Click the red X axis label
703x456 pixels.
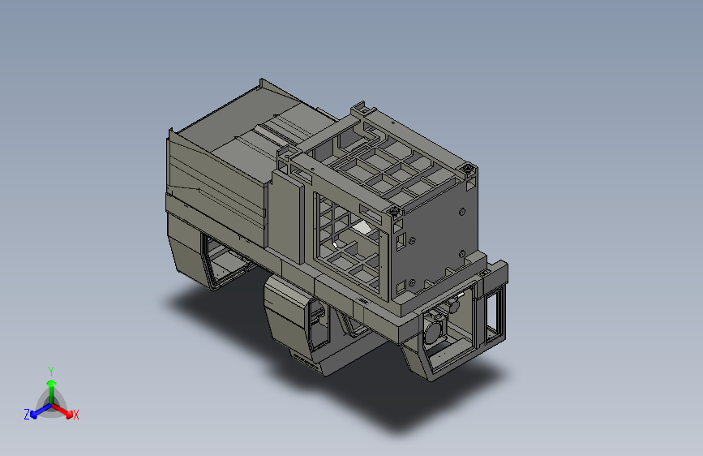pyautogui.click(x=75, y=415)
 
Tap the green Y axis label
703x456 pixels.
pyautogui.click(x=50, y=372)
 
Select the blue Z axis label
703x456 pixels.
pyautogui.click(x=27, y=415)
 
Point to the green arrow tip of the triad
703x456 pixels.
pyautogui.click(x=52, y=383)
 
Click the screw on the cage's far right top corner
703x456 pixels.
pyautogui.click(x=468, y=169)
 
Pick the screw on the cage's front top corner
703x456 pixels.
pyautogui.click(x=395, y=210)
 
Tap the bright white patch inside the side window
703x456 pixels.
pyautogui.click(x=362, y=227)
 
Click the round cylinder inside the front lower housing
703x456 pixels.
pyautogui.click(x=433, y=332)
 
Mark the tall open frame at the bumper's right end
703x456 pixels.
pyautogui.click(x=495, y=315)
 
